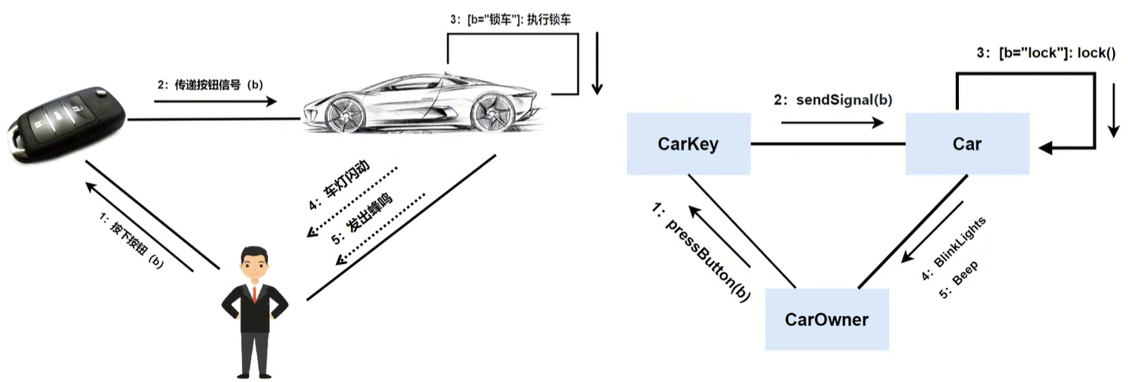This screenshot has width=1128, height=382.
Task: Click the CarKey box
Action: tap(688, 144)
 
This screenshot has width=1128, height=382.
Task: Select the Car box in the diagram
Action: tap(966, 144)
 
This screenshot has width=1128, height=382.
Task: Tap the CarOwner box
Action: tap(827, 320)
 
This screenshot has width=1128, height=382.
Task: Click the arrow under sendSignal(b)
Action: tap(832, 122)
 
